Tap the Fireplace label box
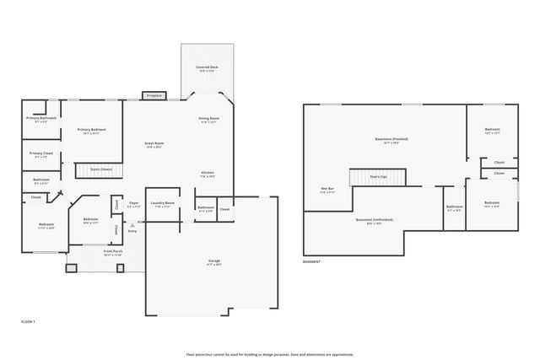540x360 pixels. coord(154,95)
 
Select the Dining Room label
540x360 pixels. coord(209,120)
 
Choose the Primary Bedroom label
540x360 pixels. coord(91,131)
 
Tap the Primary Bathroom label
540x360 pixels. coord(40,119)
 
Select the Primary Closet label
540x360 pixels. coord(41,154)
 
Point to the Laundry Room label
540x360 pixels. coord(163,204)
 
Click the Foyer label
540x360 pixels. coord(134,204)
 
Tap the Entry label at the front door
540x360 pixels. coord(132,230)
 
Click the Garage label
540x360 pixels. coord(214,262)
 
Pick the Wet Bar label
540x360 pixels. coord(327,190)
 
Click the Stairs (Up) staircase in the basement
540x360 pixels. coord(378,176)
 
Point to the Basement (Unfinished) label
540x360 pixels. coord(374,221)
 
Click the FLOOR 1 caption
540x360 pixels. coord(28,321)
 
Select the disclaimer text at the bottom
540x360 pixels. coord(270,354)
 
